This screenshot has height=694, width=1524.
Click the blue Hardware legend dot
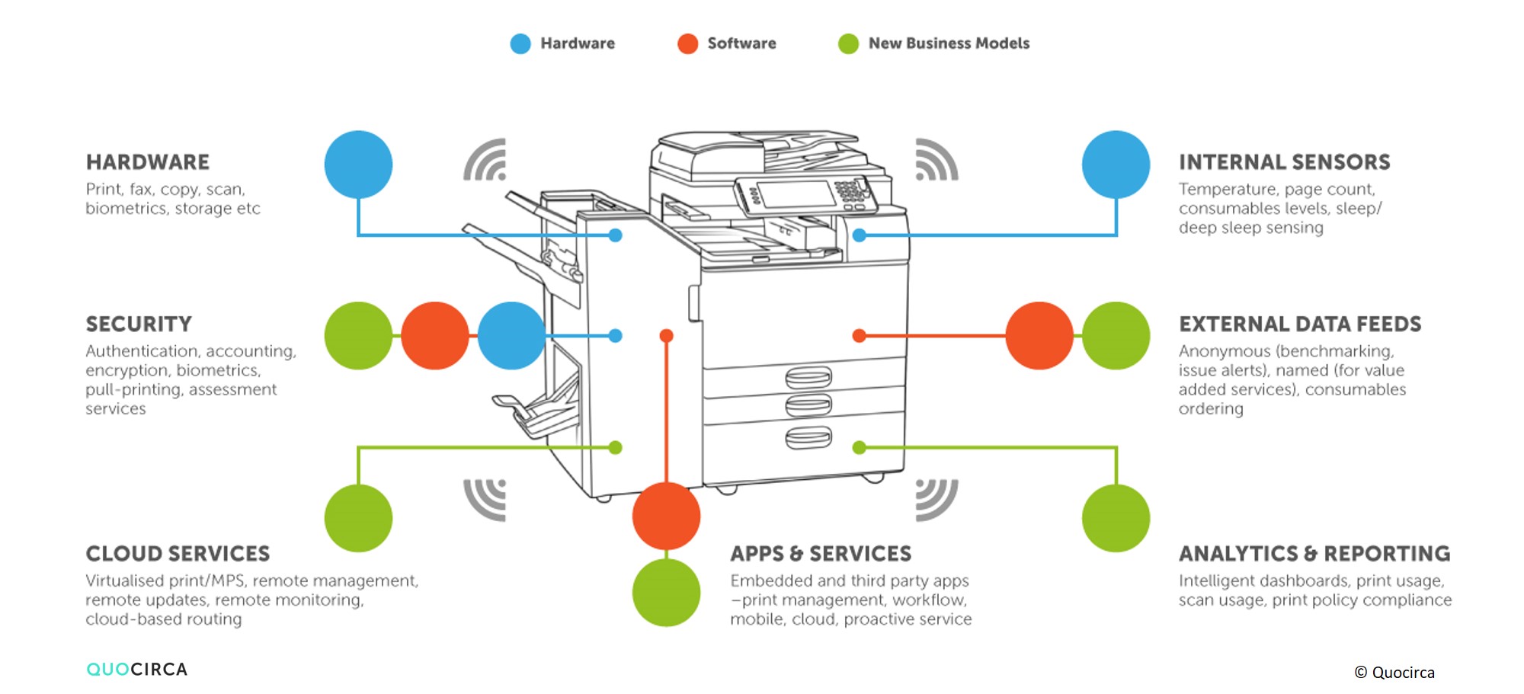(520, 43)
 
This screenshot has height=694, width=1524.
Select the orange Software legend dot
(687, 43)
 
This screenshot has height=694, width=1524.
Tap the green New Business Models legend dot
(848, 43)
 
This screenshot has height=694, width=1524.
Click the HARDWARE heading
(148, 162)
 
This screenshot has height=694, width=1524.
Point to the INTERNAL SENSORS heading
(1284, 162)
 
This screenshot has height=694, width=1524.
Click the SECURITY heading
(139, 325)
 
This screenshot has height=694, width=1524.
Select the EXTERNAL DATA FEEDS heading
(1300, 325)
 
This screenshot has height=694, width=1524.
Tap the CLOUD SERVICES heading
(178, 554)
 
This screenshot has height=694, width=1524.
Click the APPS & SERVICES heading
(821, 554)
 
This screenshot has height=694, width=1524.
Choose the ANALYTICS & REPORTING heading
(1314, 554)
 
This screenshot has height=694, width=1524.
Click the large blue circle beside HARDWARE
(358, 165)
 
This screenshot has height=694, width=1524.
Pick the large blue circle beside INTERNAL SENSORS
(1116, 165)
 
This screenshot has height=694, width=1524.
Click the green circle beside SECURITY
(358, 336)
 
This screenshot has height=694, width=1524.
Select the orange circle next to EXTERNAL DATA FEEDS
(1039, 336)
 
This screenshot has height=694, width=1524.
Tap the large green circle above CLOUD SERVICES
(358, 518)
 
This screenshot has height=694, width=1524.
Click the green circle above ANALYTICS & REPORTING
(1116, 518)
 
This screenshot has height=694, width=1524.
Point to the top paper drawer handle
(808, 377)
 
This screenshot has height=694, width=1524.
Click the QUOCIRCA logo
(137, 670)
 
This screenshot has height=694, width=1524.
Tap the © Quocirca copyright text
(1394, 673)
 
